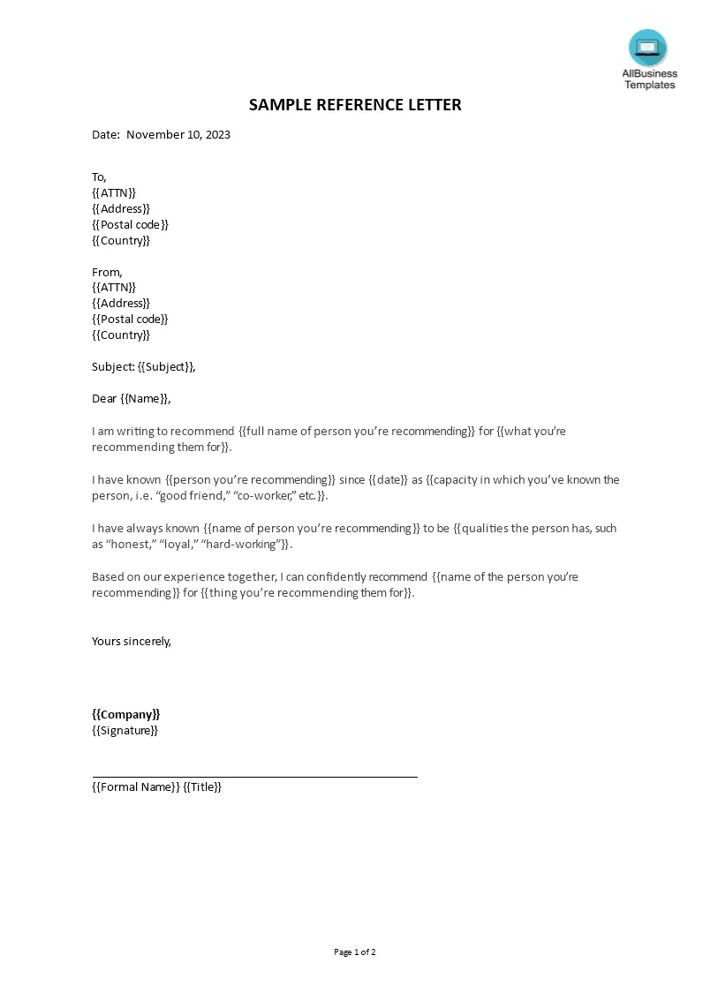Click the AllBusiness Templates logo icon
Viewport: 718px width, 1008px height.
(647, 48)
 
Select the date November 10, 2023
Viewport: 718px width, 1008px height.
(178, 135)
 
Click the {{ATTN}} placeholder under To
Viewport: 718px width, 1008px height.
(114, 192)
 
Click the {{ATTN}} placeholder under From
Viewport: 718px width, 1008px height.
(114, 287)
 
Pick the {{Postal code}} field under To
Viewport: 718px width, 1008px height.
(130, 224)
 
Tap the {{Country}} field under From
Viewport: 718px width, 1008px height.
(121, 335)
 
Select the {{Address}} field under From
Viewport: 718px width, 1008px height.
(121, 303)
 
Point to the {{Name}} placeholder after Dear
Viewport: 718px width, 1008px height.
(144, 398)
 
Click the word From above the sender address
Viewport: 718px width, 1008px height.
(106, 272)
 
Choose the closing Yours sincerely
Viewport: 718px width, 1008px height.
(132, 641)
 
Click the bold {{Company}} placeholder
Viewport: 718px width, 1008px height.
(126, 714)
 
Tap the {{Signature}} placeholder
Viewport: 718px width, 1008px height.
(125, 730)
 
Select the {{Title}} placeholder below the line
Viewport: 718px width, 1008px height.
(202, 786)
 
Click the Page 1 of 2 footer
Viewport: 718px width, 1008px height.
(355, 952)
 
